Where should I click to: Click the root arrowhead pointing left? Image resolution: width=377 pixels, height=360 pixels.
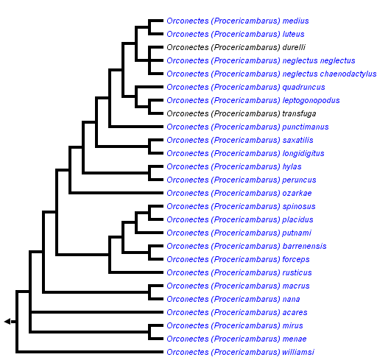click(7, 321)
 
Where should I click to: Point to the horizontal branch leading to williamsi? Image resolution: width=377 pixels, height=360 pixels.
click(88, 352)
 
